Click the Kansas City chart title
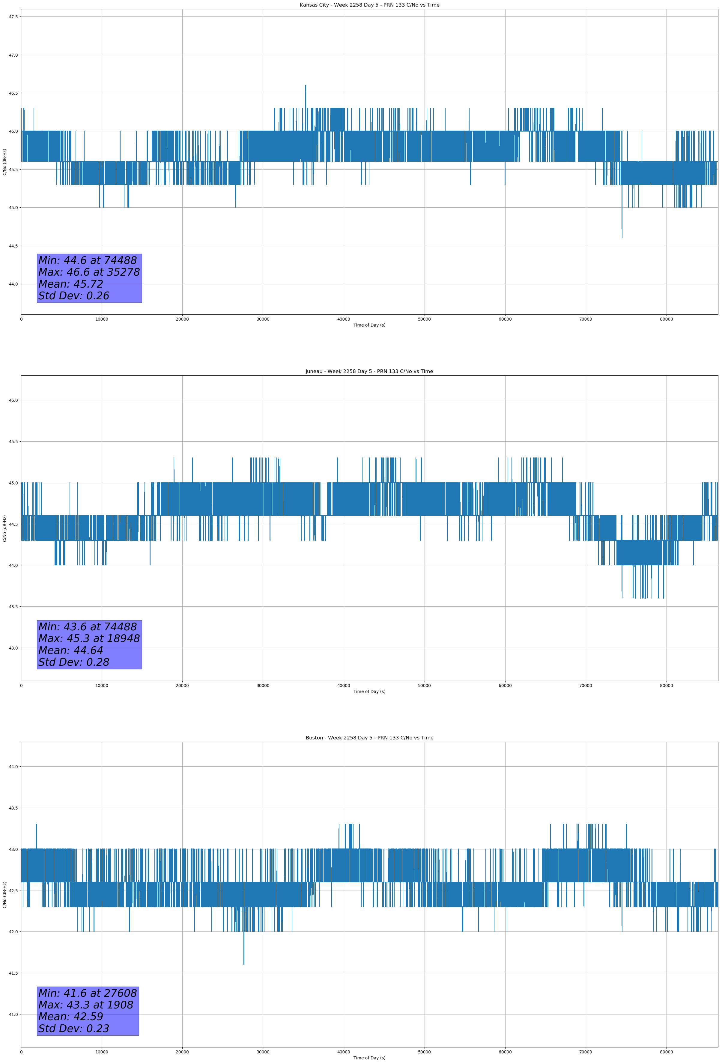click(x=369, y=5)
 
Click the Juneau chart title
click(x=369, y=372)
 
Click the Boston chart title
click(x=369, y=738)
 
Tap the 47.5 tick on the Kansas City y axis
click(x=13, y=17)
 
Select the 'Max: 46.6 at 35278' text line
click(x=89, y=272)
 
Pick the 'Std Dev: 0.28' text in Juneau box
click(x=74, y=662)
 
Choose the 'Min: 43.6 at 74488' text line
click(x=88, y=627)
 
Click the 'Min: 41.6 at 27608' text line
click(x=88, y=993)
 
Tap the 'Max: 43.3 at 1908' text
click(x=86, y=1005)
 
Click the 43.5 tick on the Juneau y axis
click(x=13, y=606)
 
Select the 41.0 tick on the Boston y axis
click(x=13, y=1014)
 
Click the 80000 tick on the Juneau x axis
click(x=666, y=685)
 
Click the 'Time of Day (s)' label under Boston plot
click(x=369, y=1058)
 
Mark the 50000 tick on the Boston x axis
click(x=424, y=1052)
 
